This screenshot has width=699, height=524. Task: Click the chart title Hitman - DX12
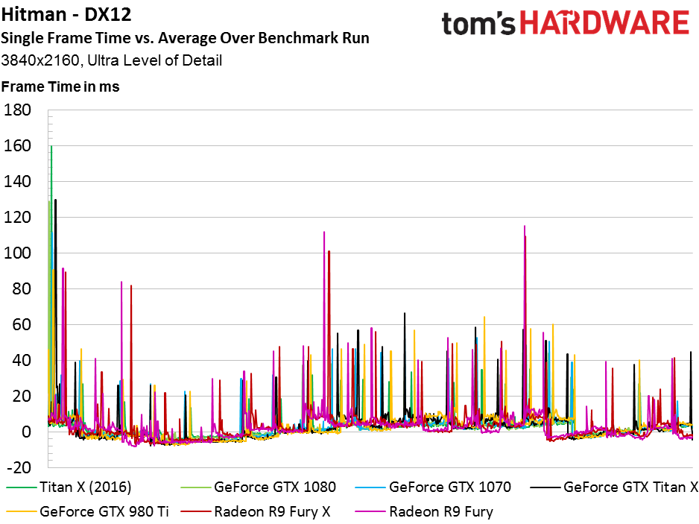pyautogui.click(x=66, y=15)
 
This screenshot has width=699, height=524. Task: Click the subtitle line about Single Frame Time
pyautogui.click(x=185, y=38)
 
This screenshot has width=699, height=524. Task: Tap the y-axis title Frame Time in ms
pyautogui.click(x=60, y=86)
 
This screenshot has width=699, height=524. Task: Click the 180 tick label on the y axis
pyautogui.click(x=17, y=110)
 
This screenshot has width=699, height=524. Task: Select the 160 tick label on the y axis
pyautogui.click(x=17, y=145)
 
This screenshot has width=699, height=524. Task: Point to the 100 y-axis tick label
pyautogui.click(x=17, y=253)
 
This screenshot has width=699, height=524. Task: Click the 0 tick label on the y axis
pyautogui.click(x=26, y=432)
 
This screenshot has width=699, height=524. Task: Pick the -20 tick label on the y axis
pyautogui.click(x=19, y=467)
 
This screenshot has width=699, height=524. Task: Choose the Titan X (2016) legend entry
pyautogui.click(x=69, y=487)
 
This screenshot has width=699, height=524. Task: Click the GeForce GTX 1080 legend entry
pyautogui.click(x=258, y=487)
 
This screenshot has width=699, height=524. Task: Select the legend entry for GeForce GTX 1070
pyautogui.click(x=433, y=487)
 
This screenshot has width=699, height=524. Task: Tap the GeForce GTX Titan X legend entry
pyautogui.click(x=614, y=487)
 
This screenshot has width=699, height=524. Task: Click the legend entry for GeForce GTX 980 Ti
pyautogui.click(x=87, y=511)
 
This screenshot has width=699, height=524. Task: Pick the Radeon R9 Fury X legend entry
pyautogui.click(x=256, y=511)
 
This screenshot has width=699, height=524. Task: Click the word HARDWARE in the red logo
pyautogui.click(x=605, y=23)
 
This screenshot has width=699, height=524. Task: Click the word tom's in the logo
pyautogui.click(x=478, y=24)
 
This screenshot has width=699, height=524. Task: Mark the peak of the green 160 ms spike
pyautogui.click(x=51, y=146)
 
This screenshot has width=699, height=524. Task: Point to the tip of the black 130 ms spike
pyautogui.click(x=56, y=199)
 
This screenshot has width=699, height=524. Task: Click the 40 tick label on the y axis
pyautogui.click(x=22, y=360)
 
